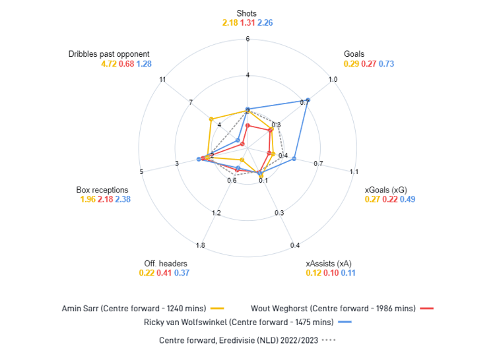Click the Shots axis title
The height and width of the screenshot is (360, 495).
tap(247, 13)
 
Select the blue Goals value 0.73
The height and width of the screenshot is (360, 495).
tap(386, 64)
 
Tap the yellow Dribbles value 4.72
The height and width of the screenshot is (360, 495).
tap(109, 64)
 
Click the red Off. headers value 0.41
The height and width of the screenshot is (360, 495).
tap(164, 273)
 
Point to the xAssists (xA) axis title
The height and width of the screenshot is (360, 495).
tap(328, 264)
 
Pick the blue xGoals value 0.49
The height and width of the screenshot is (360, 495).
tap(408, 199)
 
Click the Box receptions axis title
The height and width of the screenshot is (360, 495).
tap(102, 190)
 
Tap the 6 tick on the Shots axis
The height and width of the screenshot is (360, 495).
tap(247, 39)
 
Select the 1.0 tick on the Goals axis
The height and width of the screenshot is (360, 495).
tap(333, 79)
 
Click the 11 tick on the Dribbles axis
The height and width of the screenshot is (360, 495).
tap(162, 79)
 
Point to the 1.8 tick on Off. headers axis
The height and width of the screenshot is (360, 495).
tap(200, 245)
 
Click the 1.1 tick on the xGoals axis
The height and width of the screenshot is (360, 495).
tap(354, 171)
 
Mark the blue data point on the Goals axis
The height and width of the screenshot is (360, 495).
tap(308, 100)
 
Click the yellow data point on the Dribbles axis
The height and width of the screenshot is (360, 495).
tap(211, 119)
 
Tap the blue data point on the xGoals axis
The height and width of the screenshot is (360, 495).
tap(294, 158)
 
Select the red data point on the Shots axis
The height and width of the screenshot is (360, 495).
tap(247, 126)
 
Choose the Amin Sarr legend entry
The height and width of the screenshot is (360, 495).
tap(143, 309)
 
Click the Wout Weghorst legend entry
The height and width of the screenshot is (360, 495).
tap(342, 309)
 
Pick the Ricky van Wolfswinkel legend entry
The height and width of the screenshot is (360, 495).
tap(247, 322)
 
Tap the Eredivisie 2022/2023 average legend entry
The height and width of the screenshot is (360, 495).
tap(247, 340)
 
